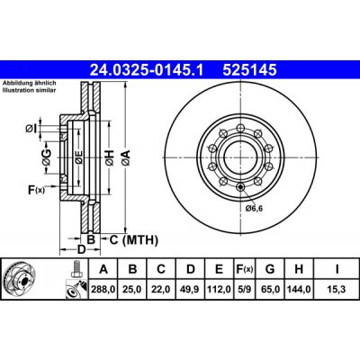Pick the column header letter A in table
point(104,268)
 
